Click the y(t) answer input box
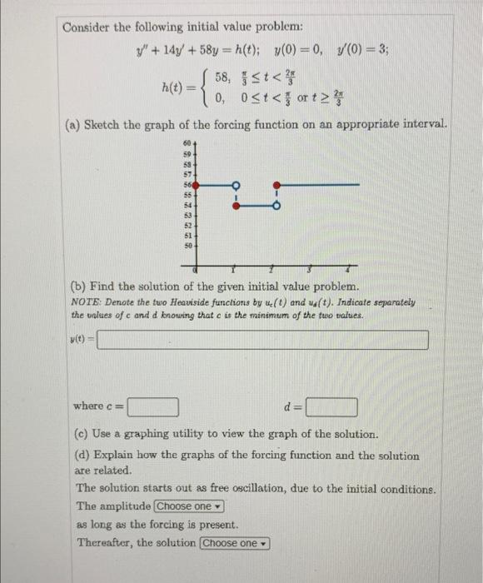263,340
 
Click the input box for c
152,407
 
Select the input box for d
331,407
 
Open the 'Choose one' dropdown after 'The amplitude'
188,506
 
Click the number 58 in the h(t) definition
222,77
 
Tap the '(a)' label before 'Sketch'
74,125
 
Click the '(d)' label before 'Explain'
85,456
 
